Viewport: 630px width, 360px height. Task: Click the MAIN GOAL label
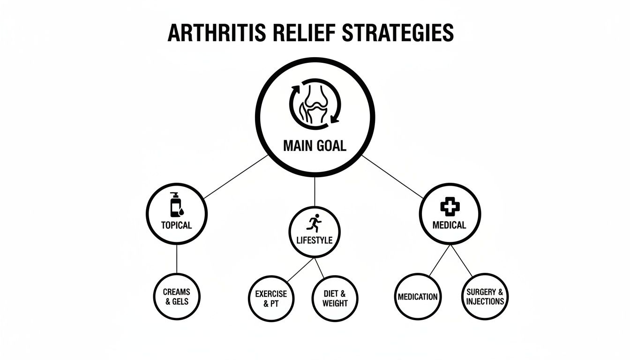tap(315, 146)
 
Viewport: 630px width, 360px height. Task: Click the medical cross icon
tap(449, 206)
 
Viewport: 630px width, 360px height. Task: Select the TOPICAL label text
tap(176, 225)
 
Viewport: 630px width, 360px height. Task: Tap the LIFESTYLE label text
tap(315, 240)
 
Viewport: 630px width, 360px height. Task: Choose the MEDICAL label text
tap(449, 225)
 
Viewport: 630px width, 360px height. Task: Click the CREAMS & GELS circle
tap(176, 296)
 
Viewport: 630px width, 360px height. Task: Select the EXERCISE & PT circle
tap(270, 299)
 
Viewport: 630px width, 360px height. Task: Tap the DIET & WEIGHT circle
tap(335, 299)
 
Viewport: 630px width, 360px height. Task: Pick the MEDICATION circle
tap(417, 297)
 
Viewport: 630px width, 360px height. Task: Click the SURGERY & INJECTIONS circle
tap(485, 297)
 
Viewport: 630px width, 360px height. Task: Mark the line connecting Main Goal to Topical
tap(234, 177)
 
